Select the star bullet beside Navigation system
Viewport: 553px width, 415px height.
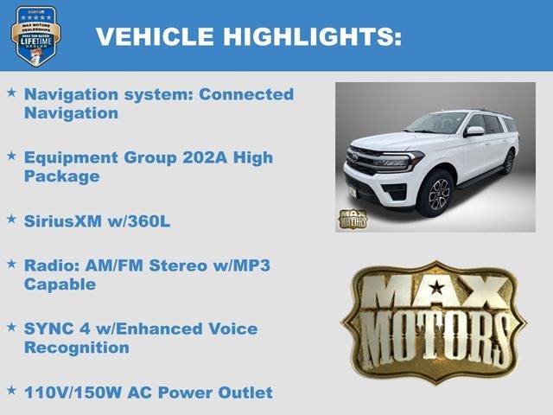tap(11, 92)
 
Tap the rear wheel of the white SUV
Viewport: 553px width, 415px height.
tap(508, 162)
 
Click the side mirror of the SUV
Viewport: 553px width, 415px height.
tap(474, 131)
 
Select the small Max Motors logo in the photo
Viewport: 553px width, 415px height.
tap(352, 219)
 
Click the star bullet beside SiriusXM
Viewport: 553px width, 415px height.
tap(11, 219)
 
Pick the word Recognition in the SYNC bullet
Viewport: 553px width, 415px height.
tap(77, 348)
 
